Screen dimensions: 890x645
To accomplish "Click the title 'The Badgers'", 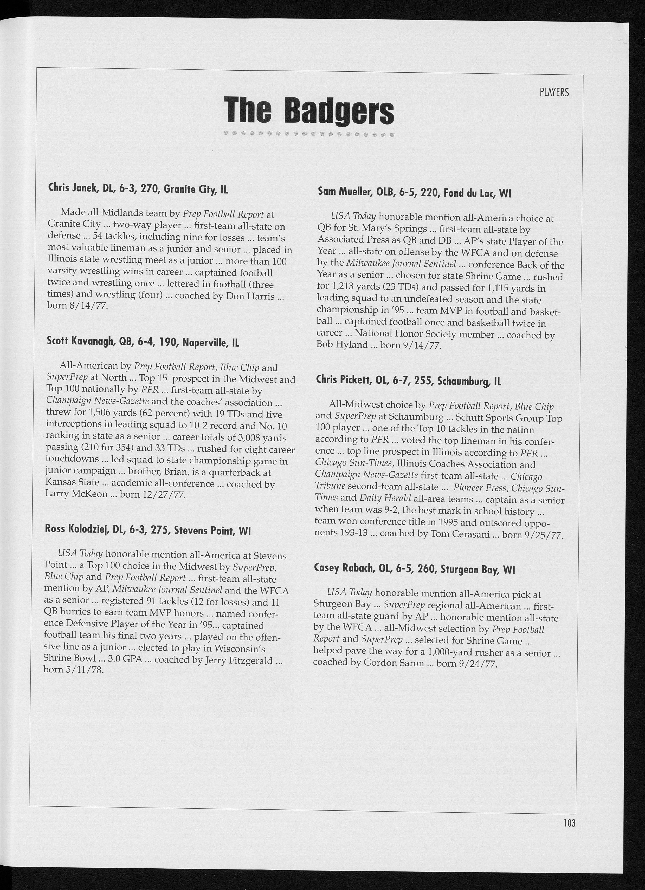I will coord(308,111).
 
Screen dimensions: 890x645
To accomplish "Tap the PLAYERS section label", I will coord(554,93).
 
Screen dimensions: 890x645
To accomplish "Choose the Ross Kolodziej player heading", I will coord(148,530).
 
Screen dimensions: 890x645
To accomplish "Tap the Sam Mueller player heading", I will coord(414,193).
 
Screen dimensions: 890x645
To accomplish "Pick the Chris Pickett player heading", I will coord(408,381).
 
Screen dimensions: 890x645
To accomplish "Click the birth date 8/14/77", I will coord(88,306).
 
